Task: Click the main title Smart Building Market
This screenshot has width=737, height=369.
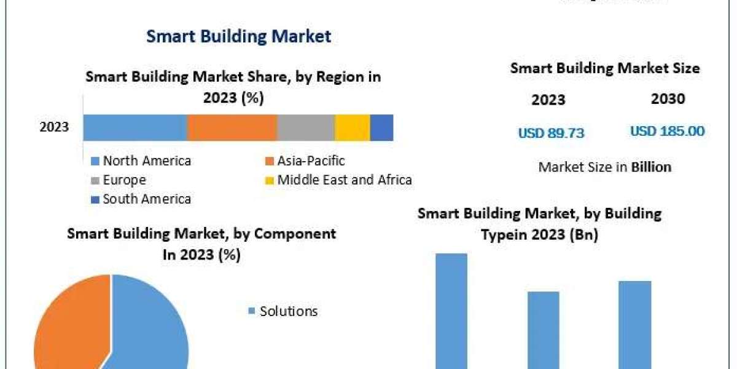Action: click(239, 36)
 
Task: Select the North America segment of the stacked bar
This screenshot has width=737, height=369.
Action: click(135, 128)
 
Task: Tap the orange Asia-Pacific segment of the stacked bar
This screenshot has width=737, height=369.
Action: click(232, 128)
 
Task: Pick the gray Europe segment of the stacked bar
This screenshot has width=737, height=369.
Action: click(306, 128)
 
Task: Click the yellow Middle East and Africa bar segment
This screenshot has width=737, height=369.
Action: click(353, 128)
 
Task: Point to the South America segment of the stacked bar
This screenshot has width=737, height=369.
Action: click(381, 128)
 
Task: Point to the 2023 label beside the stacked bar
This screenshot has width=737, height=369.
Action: click(54, 128)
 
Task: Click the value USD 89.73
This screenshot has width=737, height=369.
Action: click(551, 132)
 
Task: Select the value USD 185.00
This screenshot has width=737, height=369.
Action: click(667, 131)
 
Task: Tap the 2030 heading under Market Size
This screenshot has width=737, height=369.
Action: click(667, 99)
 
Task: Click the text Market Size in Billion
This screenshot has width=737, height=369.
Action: click(604, 167)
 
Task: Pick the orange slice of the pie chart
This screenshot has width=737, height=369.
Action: click(68, 320)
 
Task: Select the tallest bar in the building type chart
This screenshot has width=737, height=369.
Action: click(451, 311)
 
